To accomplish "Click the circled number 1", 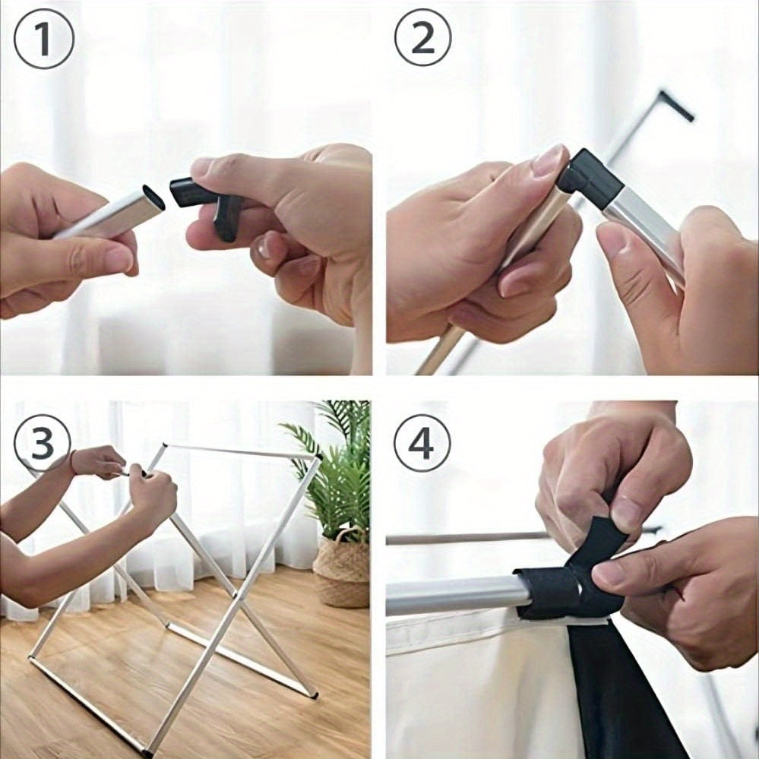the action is (44, 39).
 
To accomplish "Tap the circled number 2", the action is (423, 37).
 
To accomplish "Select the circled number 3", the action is (43, 443).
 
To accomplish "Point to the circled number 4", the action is (422, 443).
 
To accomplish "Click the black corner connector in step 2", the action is (588, 179).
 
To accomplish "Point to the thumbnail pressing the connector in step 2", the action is (550, 160).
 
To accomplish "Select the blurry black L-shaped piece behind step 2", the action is (675, 104).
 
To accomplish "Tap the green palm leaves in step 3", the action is (334, 465).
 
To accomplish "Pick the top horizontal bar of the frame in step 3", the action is (242, 451).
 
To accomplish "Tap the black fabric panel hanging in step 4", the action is (620, 692).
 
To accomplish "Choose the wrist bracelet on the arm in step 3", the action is (73, 462).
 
